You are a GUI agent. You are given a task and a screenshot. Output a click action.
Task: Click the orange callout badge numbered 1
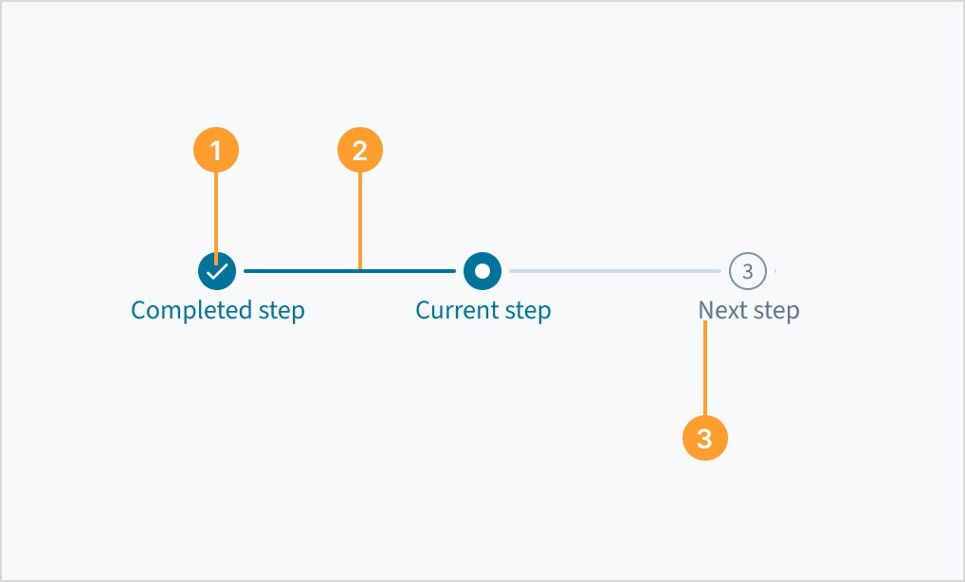216,151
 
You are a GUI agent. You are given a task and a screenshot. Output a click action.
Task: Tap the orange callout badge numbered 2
359,151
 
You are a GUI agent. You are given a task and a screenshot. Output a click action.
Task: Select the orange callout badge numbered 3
704,439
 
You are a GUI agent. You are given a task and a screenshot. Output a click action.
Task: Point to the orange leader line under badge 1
216,213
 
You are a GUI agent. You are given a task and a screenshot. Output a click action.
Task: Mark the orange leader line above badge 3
704,370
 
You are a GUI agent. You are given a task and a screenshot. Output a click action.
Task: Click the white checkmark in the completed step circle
217,271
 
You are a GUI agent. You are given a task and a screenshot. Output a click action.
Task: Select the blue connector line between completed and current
303,271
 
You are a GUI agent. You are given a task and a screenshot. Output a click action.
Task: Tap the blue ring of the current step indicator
470,271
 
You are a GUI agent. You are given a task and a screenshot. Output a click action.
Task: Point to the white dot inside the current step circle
482,271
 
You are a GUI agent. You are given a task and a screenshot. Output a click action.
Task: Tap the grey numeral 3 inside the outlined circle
747,272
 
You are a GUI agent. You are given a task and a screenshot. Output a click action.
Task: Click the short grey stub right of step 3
775,271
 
